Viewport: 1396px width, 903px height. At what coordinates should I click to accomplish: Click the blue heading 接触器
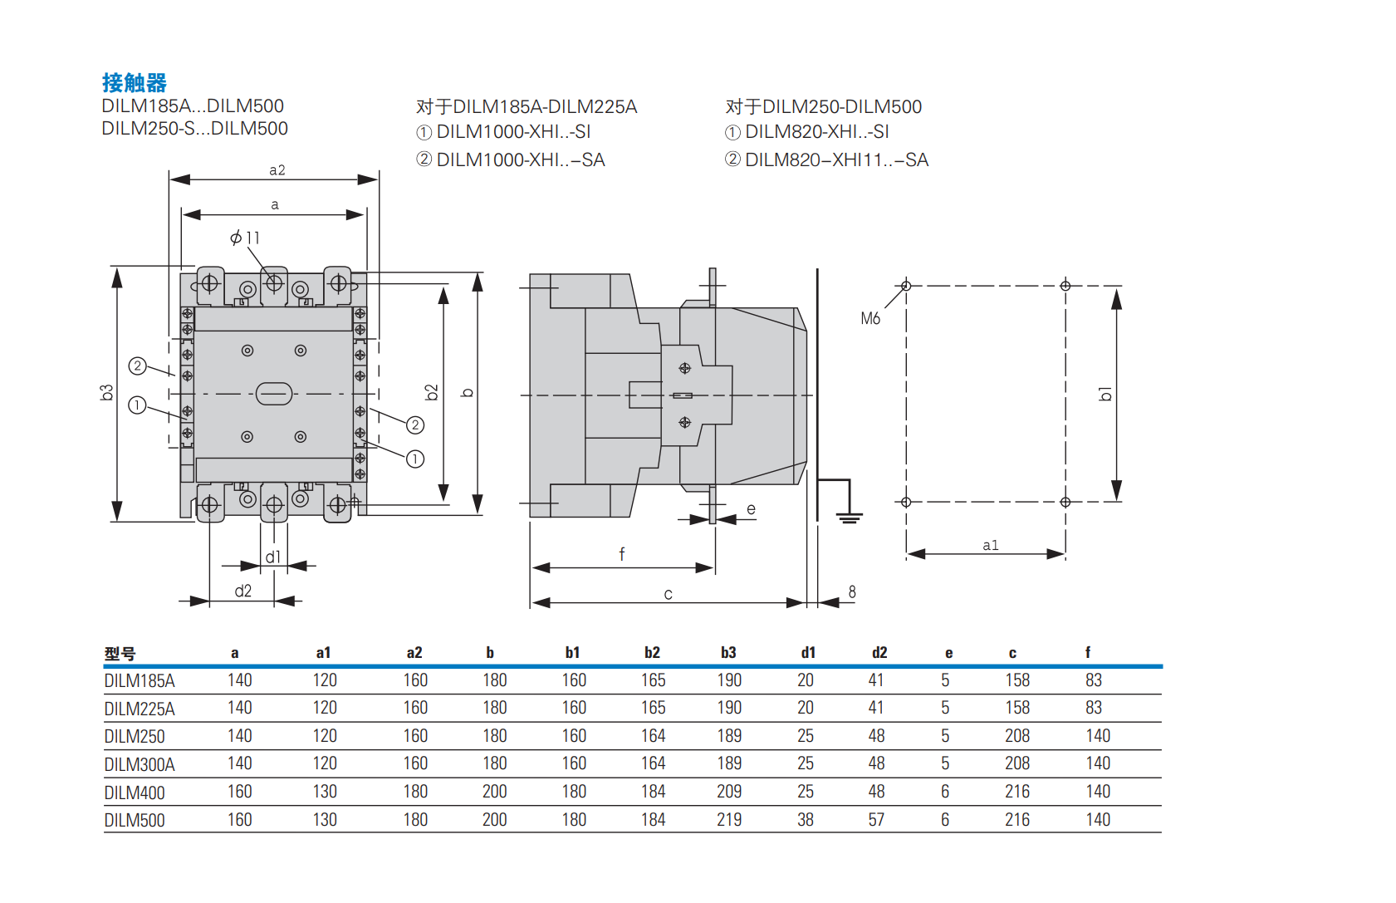[x=134, y=83]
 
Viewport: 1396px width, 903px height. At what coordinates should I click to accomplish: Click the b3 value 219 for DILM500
[x=729, y=820]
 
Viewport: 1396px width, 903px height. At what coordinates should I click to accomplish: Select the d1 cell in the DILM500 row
[x=805, y=820]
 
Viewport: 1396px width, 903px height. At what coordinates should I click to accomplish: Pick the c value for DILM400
[x=1016, y=792]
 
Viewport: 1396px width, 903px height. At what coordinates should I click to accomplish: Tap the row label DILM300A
[x=140, y=764]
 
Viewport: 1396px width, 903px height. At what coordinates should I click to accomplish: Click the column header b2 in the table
[x=652, y=653]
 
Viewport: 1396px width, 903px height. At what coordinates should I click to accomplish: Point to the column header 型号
[x=120, y=654]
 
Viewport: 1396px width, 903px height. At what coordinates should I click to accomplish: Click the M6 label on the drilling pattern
[x=870, y=318]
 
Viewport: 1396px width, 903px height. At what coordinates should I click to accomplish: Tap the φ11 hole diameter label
[x=245, y=238]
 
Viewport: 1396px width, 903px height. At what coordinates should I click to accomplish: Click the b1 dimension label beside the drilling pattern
[x=1105, y=393]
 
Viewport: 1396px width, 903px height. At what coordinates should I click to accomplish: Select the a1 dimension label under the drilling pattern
[x=990, y=545]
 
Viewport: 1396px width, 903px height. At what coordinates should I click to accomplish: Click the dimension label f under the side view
[x=621, y=554]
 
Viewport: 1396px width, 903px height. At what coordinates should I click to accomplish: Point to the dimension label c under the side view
[x=668, y=594]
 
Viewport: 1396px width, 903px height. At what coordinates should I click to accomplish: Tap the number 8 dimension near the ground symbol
[x=852, y=591]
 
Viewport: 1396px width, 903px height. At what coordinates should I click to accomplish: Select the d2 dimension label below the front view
[x=242, y=591]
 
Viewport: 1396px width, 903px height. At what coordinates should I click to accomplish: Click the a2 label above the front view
[x=277, y=170]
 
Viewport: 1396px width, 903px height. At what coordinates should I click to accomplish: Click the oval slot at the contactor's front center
[x=274, y=393]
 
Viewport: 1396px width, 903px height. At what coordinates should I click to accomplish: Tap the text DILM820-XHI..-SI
[x=817, y=132]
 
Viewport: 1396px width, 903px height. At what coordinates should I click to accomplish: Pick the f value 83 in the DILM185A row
[x=1093, y=680]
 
